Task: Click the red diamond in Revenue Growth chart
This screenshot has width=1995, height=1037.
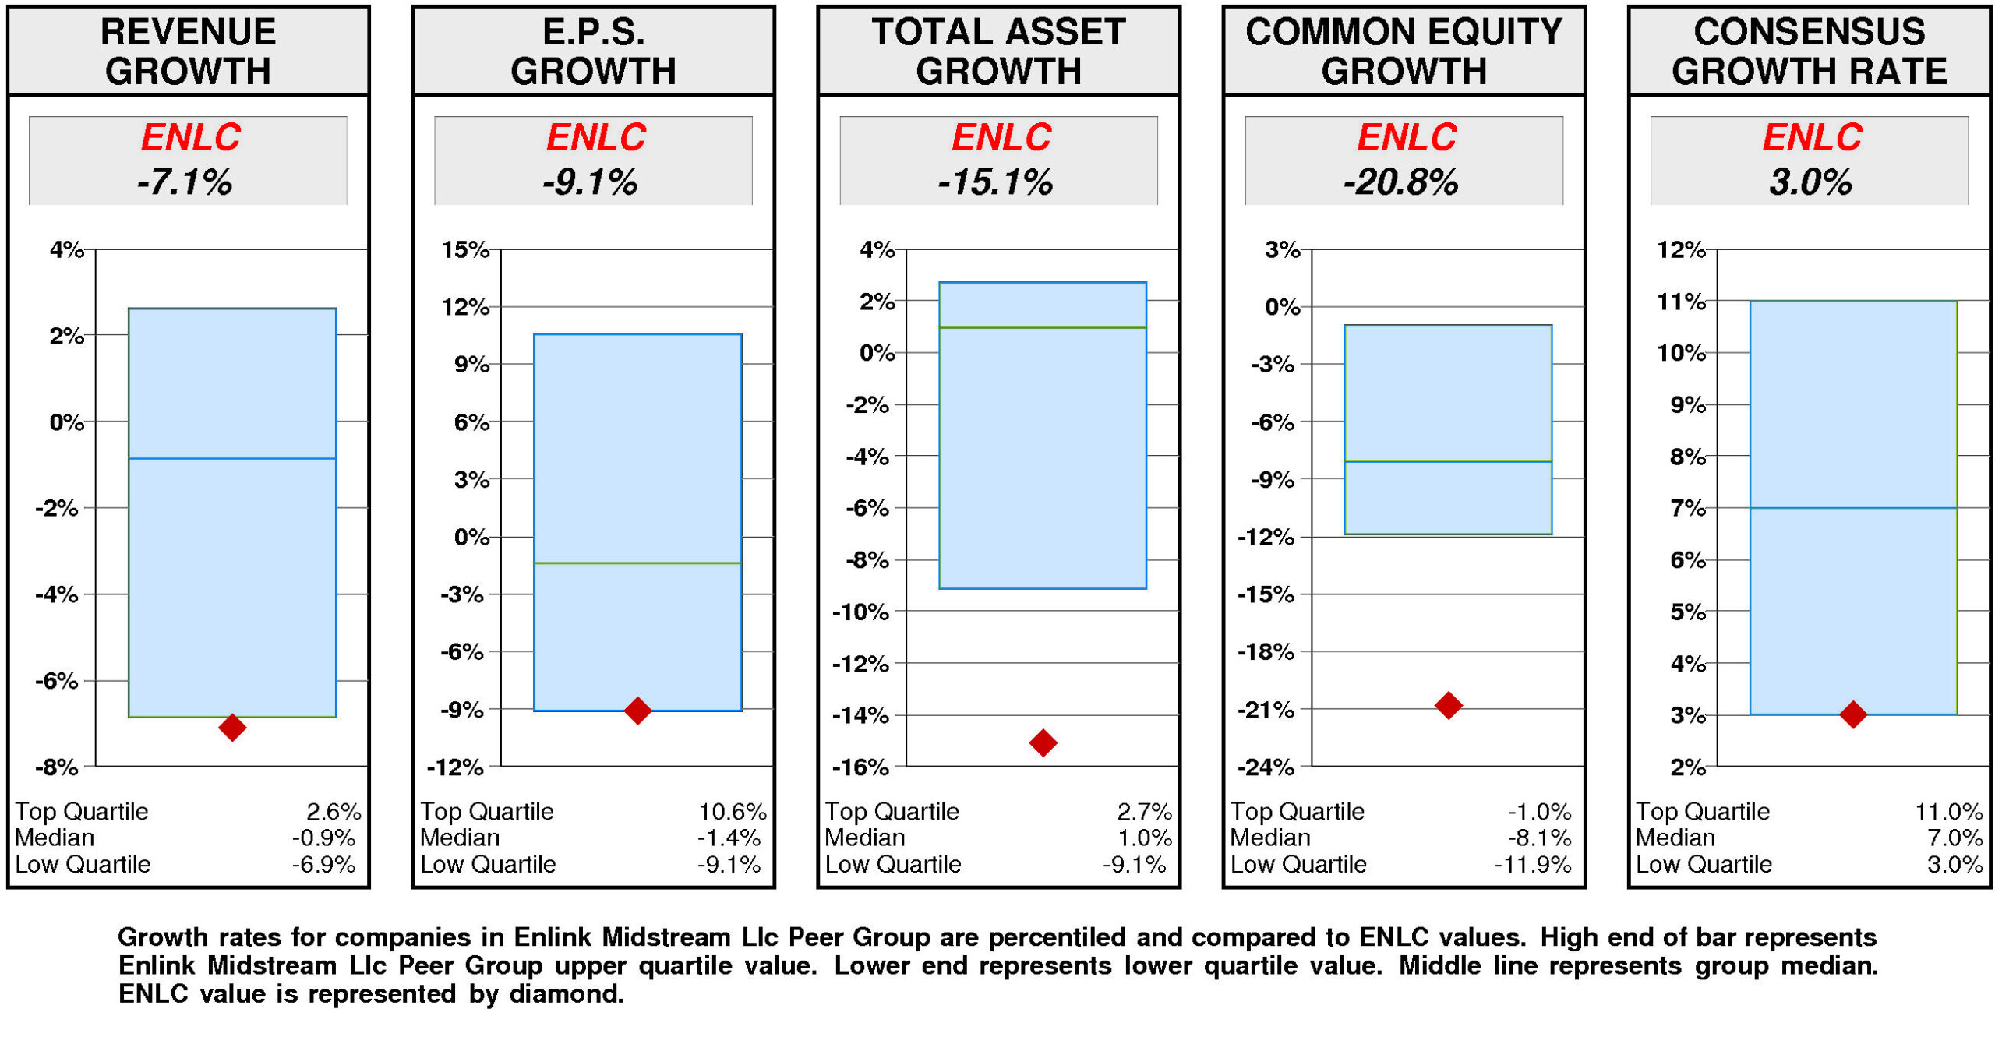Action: [x=232, y=727]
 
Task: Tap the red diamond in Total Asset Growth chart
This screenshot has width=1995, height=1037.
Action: [x=1043, y=742]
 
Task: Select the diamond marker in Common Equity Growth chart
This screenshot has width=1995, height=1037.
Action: [x=1448, y=705]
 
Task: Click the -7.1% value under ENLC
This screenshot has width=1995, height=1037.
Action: [x=185, y=182]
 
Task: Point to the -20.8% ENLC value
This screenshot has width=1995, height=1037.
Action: [x=1400, y=182]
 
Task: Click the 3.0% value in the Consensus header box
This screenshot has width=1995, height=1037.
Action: [x=1810, y=182]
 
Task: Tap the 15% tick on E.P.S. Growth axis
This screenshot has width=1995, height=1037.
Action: [x=465, y=249]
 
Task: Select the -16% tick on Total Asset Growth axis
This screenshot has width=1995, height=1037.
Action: [x=860, y=767]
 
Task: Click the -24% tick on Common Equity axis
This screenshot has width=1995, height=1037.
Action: [x=1266, y=767]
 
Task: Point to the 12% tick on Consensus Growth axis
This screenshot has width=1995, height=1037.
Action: [x=1681, y=249]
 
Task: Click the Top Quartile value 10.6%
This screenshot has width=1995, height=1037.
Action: [x=732, y=812]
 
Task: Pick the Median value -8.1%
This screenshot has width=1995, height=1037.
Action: [x=1539, y=838]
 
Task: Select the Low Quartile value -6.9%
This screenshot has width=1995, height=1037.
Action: [x=323, y=864]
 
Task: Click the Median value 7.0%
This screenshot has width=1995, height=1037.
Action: [x=1954, y=838]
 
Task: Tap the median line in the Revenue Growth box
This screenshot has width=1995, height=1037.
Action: [x=232, y=458]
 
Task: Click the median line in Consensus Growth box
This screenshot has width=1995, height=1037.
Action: [x=1853, y=508]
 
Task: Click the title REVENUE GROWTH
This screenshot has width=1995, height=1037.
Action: [x=188, y=51]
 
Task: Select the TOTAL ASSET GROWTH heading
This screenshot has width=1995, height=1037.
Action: [x=998, y=51]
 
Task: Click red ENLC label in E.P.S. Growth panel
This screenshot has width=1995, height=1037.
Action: [x=596, y=137]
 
